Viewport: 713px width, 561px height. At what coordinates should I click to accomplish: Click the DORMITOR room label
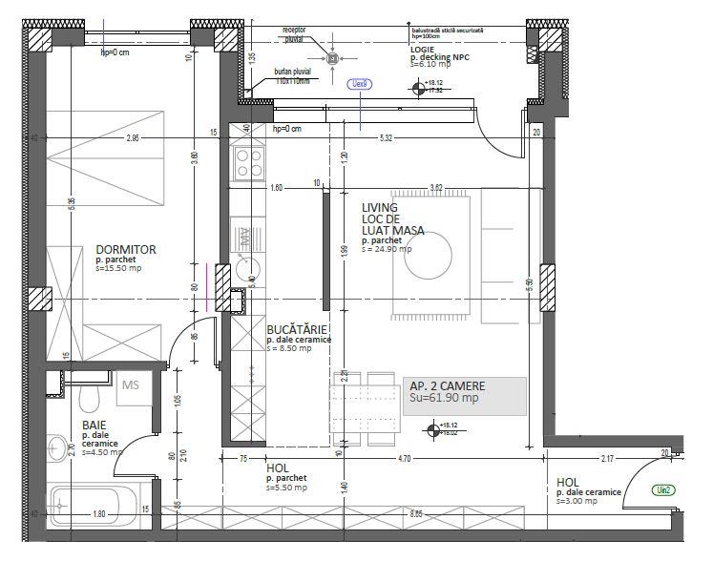pos(126,250)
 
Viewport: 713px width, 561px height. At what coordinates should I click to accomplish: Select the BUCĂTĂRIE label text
pos(298,328)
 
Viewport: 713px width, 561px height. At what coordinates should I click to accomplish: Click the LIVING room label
pos(380,207)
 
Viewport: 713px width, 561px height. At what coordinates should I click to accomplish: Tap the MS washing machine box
pos(131,386)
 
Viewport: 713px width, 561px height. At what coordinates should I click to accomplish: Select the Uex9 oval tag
pos(360,84)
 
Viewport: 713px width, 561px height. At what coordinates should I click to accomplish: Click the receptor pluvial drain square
pos(332,59)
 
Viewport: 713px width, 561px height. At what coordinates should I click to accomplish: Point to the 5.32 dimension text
pos(386,138)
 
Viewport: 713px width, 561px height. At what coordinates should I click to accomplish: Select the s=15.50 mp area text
pos(118,270)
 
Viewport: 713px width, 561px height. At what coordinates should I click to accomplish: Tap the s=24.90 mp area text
pos(387,250)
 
